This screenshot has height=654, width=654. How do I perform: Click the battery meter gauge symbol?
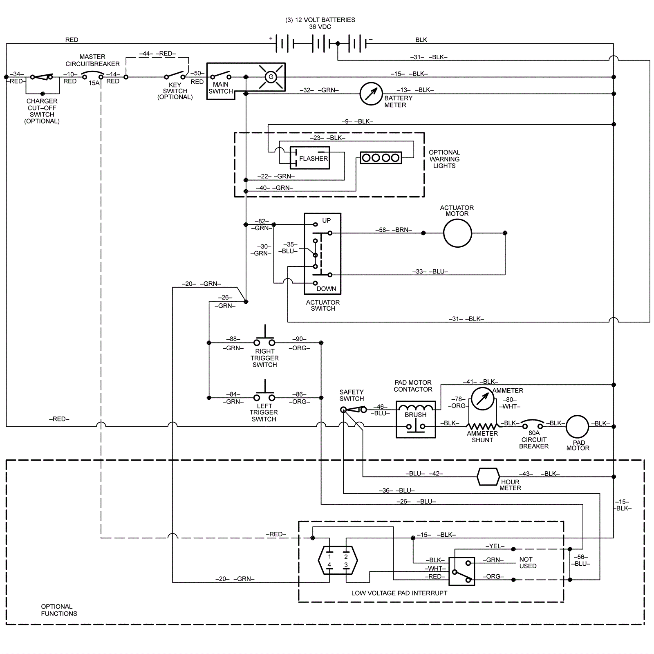pyautogui.click(x=371, y=94)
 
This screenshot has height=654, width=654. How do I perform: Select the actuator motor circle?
pyautogui.click(x=457, y=233)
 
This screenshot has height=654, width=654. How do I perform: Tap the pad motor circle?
pyautogui.click(x=577, y=426)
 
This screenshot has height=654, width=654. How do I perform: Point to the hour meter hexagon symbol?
pyautogui.click(x=488, y=477)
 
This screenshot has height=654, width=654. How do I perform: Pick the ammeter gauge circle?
pyautogui.click(x=482, y=399)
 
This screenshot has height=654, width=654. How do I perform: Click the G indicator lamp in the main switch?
pyautogui.click(x=270, y=77)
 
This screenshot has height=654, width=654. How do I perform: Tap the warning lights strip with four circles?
pyautogui.click(x=381, y=158)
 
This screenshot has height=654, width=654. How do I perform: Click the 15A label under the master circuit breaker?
pyautogui.click(x=94, y=83)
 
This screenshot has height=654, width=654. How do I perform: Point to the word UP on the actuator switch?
pyautogui.click(x=326, y=221)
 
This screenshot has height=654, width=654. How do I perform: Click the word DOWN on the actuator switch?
pyautogui.click(x=326, y=289)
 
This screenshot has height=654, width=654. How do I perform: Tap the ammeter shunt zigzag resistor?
pyautogui.click(x=482, y=426)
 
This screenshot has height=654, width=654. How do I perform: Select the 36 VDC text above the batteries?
pyautogui.click(x=320, y=27)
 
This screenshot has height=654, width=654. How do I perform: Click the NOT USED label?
pyautogui.click(x=528, y=562)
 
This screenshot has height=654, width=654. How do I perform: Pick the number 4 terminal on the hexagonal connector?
pyautogui.click(x=329, y=565)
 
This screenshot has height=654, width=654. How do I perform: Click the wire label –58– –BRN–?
pyautogui.click(x=394, y=230)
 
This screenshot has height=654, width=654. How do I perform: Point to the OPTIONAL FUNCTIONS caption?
pyautogui.click(x=59, y=610)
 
